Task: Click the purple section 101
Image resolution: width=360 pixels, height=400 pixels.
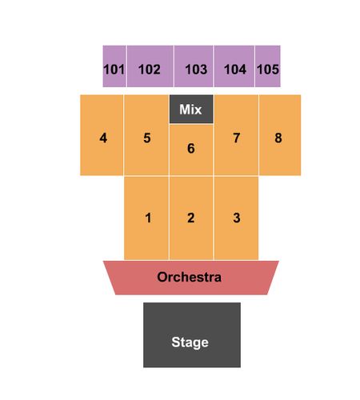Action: (x=114, y=66)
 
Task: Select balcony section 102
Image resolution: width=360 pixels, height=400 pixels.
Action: (x=150, y=66)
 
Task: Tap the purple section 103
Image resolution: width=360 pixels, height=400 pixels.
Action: (x=194, y=66)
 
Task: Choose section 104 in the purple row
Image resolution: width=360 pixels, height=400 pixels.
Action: (x=234, y=66)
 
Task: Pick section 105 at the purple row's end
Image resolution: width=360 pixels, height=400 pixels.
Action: (x=268, y=66)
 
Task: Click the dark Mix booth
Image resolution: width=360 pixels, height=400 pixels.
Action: (x=191, y=109)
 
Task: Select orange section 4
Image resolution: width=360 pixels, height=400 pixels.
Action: (x=102, y=135)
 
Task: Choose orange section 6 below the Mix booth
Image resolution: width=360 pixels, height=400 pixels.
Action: (x=191, y=150)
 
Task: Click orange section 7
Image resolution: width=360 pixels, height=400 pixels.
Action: (x=236, y=135)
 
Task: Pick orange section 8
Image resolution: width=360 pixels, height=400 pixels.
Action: (x=280, y=135)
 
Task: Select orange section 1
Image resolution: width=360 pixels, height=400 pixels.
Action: (x=146, y=218)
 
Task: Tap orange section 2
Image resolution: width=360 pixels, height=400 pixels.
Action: (x=191, y=218)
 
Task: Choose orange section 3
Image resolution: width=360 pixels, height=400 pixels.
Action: (x=236, y=218)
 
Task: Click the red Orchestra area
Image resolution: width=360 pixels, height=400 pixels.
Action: (x=191, y=278)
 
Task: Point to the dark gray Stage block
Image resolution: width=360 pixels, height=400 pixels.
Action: (x=192, y=335)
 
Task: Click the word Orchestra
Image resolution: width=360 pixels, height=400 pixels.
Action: (x=189, y=277)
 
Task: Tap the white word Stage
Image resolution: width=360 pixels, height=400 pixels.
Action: (x=190, y=342)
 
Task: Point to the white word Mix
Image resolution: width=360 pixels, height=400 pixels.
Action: (x=190, y=110)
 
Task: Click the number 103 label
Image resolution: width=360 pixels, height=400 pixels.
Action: (x=196, y=70)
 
